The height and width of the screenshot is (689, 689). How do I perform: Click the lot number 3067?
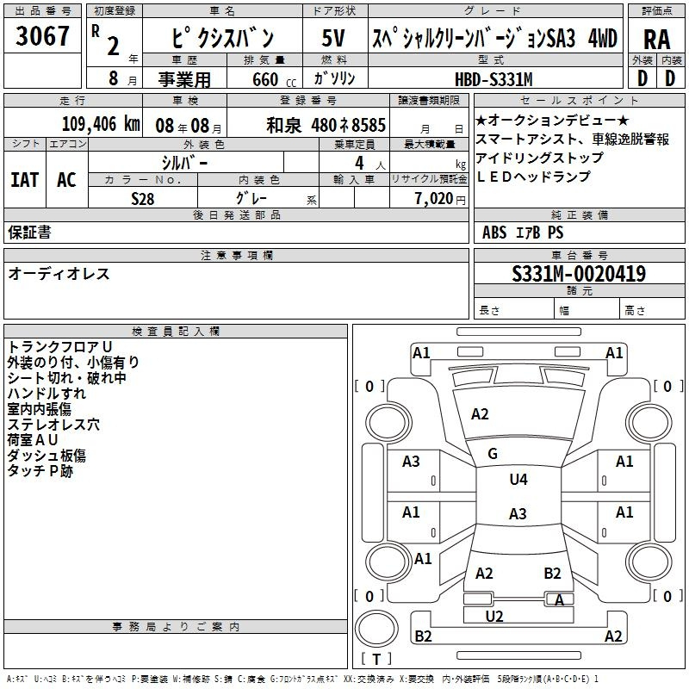[42, 36]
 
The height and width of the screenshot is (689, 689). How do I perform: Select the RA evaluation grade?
[656, 40]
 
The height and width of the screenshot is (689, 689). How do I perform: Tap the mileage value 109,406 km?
[101, 124]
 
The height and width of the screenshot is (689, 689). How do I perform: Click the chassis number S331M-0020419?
[579, 274]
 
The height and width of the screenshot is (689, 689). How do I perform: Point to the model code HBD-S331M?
[493, 79]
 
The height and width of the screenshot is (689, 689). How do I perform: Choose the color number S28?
[142, 199]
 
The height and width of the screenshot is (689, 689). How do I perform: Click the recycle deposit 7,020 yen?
[440, 199]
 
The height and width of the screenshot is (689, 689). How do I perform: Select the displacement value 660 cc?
[274, 79]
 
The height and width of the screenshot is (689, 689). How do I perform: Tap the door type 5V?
[333, 38]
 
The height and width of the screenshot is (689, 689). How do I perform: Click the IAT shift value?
[25, 180]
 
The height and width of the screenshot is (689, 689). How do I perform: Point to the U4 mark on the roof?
[518, 480]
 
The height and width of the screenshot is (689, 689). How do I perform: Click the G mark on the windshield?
[493, 454]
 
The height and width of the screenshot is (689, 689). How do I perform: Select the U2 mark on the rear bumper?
[494, 616]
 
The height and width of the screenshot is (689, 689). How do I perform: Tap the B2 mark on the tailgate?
[552, 574]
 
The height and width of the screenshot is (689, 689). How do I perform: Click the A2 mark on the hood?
[480, 414]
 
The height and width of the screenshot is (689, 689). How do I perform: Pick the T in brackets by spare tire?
[376, 659]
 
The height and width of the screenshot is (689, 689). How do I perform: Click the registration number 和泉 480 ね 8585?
[326, 125]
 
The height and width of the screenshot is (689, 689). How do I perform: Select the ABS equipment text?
[494, 233]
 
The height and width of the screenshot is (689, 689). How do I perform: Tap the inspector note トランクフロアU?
[59, 347]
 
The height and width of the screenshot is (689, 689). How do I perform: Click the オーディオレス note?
[59, 274]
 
